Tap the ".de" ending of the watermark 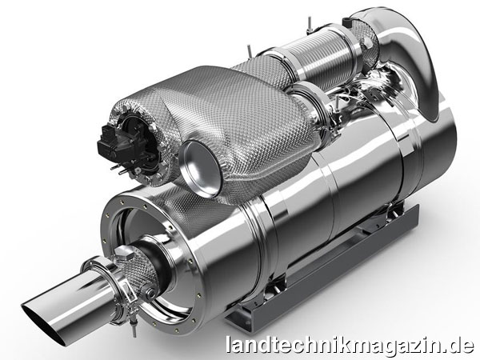click(x=459, y=345)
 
